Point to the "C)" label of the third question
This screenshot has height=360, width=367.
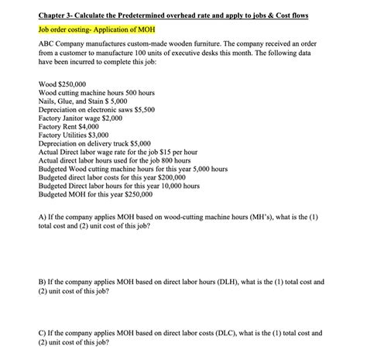click(42, 333)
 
